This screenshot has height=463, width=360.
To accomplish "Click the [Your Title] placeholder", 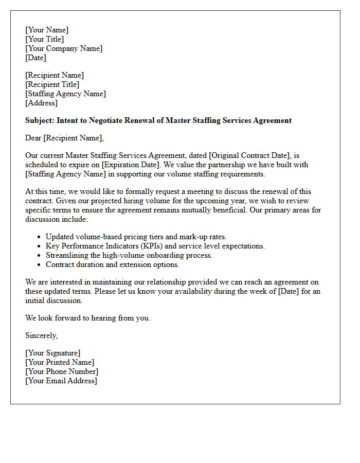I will pyautogui.click(x=45, y=39).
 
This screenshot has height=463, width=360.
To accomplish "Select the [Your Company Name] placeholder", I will pyautogui.click(x=64, y=48).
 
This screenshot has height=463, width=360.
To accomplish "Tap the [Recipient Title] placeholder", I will pyautogui.click(x=52, y=84).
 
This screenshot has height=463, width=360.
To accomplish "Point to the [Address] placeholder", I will pyautogui.click(x=42, y=103).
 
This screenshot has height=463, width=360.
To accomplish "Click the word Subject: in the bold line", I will pyautogui.click(x=40, y=120).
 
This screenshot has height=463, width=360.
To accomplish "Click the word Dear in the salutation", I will pyautogui.click(x=33, y=138).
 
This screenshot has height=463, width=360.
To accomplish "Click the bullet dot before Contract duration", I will pyautogui.click(x=40, y=265).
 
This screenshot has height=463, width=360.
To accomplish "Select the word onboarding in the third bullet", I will pyautogui.click(x=163, y=255).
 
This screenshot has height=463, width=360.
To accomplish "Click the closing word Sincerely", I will pyautogui.click(x=42, y=335).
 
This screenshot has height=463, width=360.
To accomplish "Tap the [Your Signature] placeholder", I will pyautogui.click(x=53, y=353).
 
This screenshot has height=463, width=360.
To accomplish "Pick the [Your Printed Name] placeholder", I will pyautogui.click(x=60, y=362).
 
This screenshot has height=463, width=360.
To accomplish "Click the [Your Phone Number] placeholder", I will pyautogui.click(x=62, y=371).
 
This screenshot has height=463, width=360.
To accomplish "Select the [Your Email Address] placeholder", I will pyautogui.click(x=61, y=381).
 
